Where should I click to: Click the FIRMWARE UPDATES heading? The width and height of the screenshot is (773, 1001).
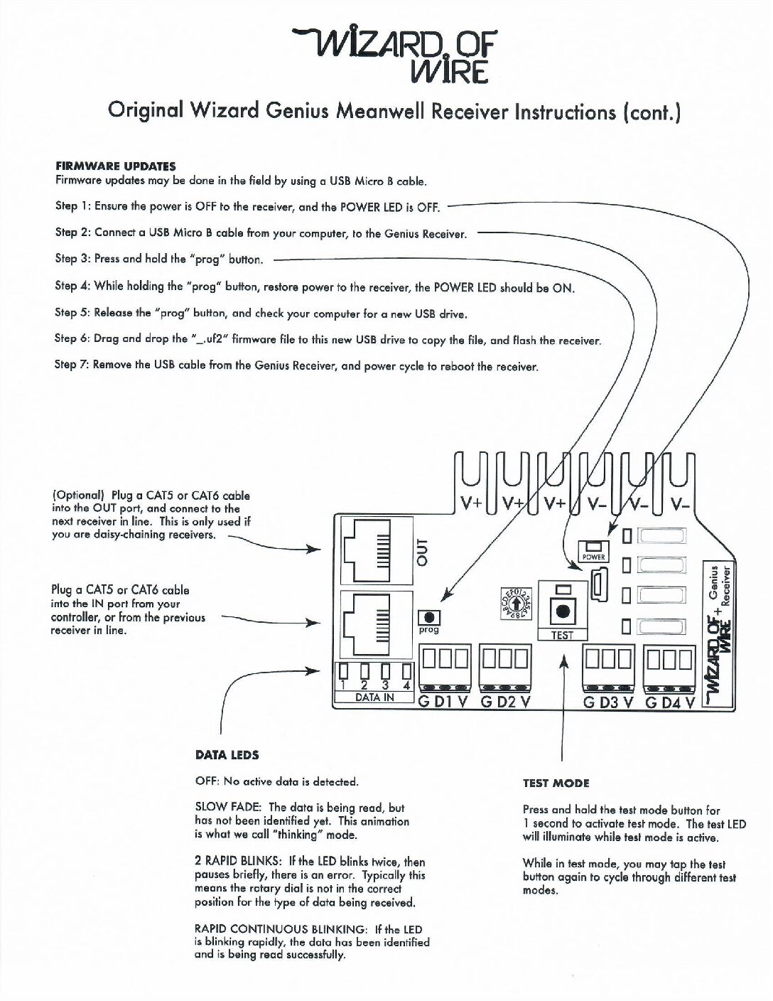[115, 166]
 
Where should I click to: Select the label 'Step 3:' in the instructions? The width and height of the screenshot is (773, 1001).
[72, 259]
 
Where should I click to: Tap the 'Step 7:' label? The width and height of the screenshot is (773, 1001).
[72, 365]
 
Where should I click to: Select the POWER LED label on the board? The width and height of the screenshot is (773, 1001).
[594, 557]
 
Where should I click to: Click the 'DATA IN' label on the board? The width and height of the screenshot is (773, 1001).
[374, 698]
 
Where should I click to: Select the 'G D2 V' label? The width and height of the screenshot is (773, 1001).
[505, 702]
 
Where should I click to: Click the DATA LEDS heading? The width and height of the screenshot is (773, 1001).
[227, 755]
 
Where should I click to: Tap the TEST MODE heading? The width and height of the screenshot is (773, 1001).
[556, 783]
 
